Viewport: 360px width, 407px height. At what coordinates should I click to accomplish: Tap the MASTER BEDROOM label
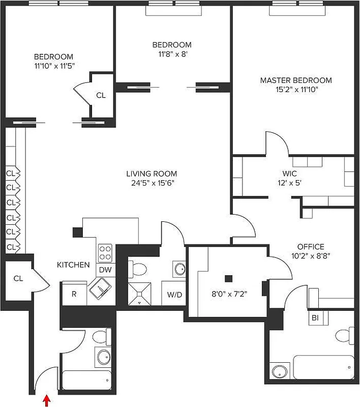[x=295, y=80]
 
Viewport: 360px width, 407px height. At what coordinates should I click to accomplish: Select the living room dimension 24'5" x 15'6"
[x=153, y=183]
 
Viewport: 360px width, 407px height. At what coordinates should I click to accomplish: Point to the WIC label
[x=290, y=173]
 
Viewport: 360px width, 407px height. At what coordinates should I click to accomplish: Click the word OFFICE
[x=311, y=247]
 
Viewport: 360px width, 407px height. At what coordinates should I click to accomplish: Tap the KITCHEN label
[x=73, y=265]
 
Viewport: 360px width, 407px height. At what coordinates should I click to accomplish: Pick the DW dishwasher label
[x=105, y=270]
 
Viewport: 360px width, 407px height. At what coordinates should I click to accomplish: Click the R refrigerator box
[x=74, y=294]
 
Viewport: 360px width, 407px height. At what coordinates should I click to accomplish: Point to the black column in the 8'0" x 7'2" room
[x=229, y=278]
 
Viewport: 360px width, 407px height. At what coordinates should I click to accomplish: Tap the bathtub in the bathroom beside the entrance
[x=86, y=380]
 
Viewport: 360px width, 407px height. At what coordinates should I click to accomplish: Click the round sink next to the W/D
[x=179, y=268]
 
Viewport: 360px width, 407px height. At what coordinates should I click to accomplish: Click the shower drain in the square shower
[x=139, y=302]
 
